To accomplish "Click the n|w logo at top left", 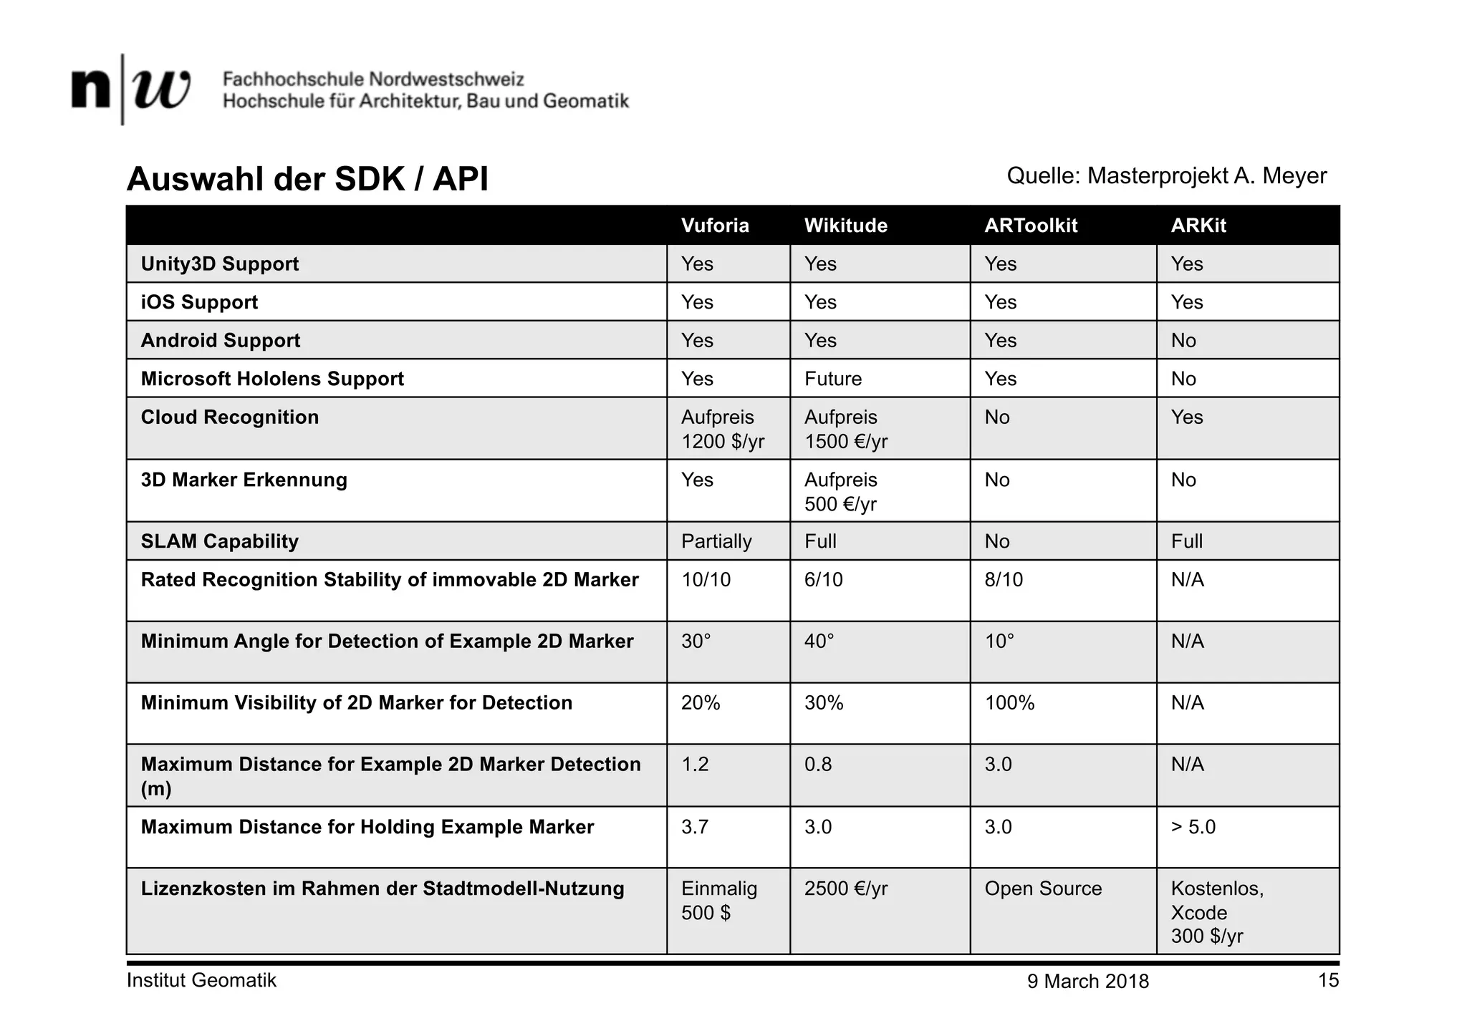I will click(x=131, y=89).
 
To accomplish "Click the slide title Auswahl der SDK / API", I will click(x=307, y=179).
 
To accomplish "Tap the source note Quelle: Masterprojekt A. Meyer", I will click(x=1166, y=175).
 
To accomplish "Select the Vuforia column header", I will click(x=715, y=226).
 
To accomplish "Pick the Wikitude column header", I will click(x=845, y=226).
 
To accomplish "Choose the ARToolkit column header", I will click(x=1031, y=226).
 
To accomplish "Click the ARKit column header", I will click(x=1198, y=226).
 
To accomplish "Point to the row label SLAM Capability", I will click(x=219, y=541).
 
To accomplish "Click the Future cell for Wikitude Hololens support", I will click(x=833, y=379).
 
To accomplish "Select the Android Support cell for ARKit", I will click(x=1183, y=341).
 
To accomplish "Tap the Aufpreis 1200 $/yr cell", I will click(x=723, y=429).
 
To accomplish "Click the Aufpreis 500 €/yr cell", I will click(x=841, y=492).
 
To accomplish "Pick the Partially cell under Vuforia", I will click(x=716, y=541).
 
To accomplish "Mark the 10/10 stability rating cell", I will click(x=706, y=580).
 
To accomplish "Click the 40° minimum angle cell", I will click(x=819, y=642).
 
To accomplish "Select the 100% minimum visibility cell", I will click(x=1009, y=703).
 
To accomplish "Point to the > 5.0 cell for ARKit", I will click(x=1193, y=827).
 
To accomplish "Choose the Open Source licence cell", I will click(x=1043, y=889).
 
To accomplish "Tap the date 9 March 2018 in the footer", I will click(x=1087, y=982).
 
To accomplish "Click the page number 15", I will click(x=1328, y=981).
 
